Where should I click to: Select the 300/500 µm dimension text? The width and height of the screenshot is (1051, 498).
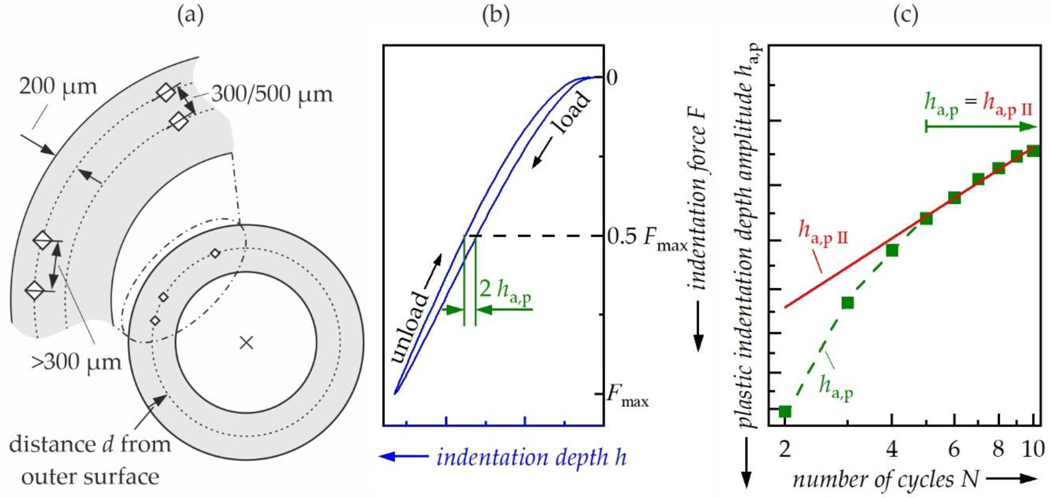[272, 95]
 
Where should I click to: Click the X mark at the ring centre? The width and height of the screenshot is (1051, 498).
[246, 343]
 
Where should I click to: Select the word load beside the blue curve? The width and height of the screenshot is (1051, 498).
[571, 115]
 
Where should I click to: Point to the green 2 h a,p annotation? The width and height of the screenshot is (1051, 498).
[505, 291]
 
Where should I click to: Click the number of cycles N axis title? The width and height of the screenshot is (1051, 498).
[885, 480]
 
